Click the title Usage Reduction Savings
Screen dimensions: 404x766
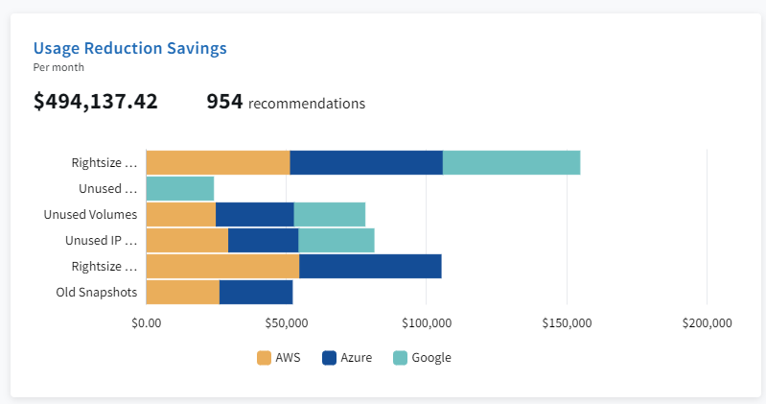(129, 48)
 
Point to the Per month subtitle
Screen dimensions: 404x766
(58, 68)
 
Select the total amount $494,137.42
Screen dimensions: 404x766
(96, 102)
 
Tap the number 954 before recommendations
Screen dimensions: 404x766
(225, 102)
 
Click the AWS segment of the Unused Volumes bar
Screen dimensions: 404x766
(180, 214)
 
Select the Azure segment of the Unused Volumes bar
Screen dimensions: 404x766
(254, 214)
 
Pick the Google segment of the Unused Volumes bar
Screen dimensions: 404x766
(329, 214)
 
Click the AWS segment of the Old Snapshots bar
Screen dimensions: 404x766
(182, 292)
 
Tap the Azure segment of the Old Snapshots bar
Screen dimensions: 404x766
(256, 292)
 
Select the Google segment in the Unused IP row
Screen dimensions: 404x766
(336, 240)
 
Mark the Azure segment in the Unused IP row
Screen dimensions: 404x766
(263, 240)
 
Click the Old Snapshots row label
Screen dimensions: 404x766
(96, 292)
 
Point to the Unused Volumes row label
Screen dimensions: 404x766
(91, 214)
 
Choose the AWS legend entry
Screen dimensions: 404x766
(278, 358)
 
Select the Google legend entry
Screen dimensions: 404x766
(422, 358)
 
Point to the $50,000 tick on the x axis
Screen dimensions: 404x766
(287, 323)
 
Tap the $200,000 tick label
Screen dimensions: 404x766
(707, 323)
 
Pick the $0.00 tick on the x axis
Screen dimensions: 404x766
(147, 323)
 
